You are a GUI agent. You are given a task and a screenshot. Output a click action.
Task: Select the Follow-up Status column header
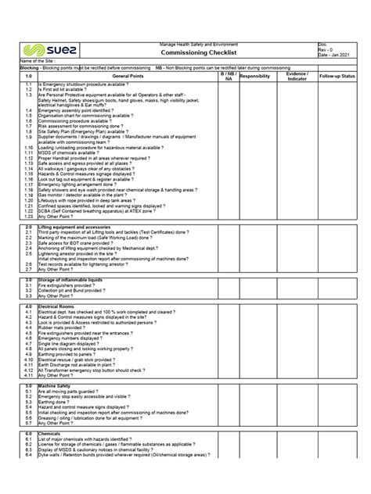(x=337, y=76)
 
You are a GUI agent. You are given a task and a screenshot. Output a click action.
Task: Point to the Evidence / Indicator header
(x=296, y=76)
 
